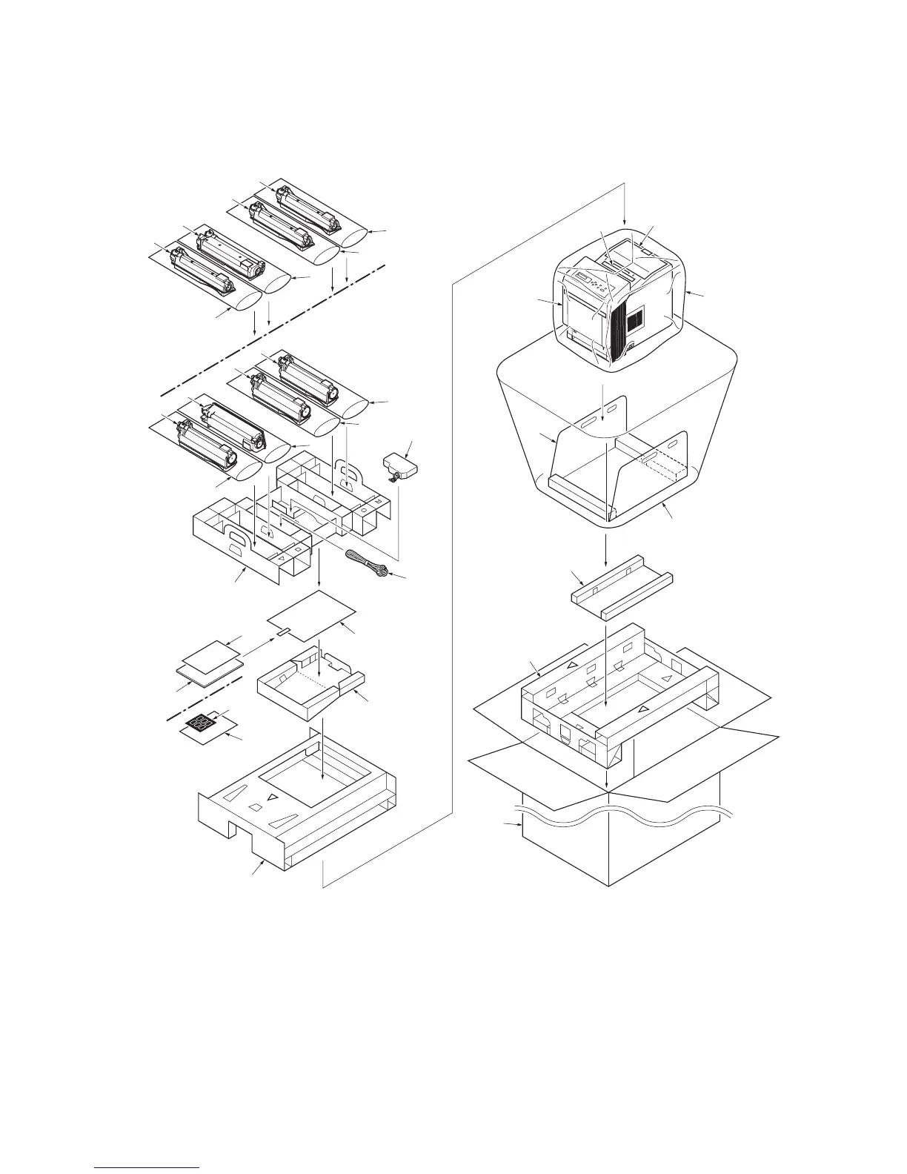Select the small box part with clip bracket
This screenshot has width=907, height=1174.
pos(400,466)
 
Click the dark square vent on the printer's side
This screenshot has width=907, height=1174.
pos(635,320)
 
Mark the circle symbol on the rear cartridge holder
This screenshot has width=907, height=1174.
pos(364,511)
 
